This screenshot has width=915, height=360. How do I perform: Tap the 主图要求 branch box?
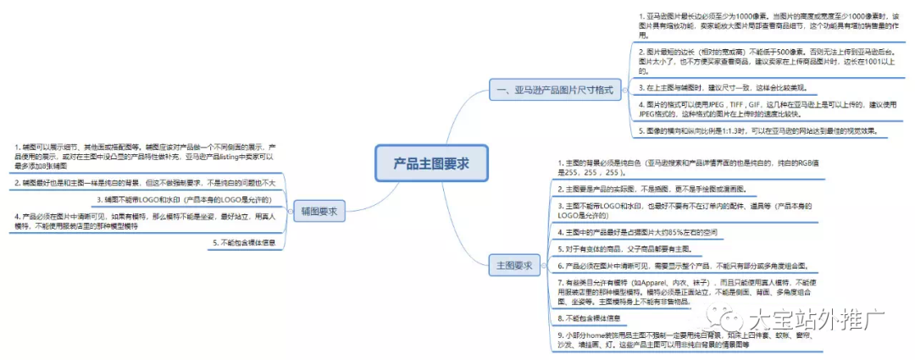515,266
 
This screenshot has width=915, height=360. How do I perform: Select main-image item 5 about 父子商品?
628,248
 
